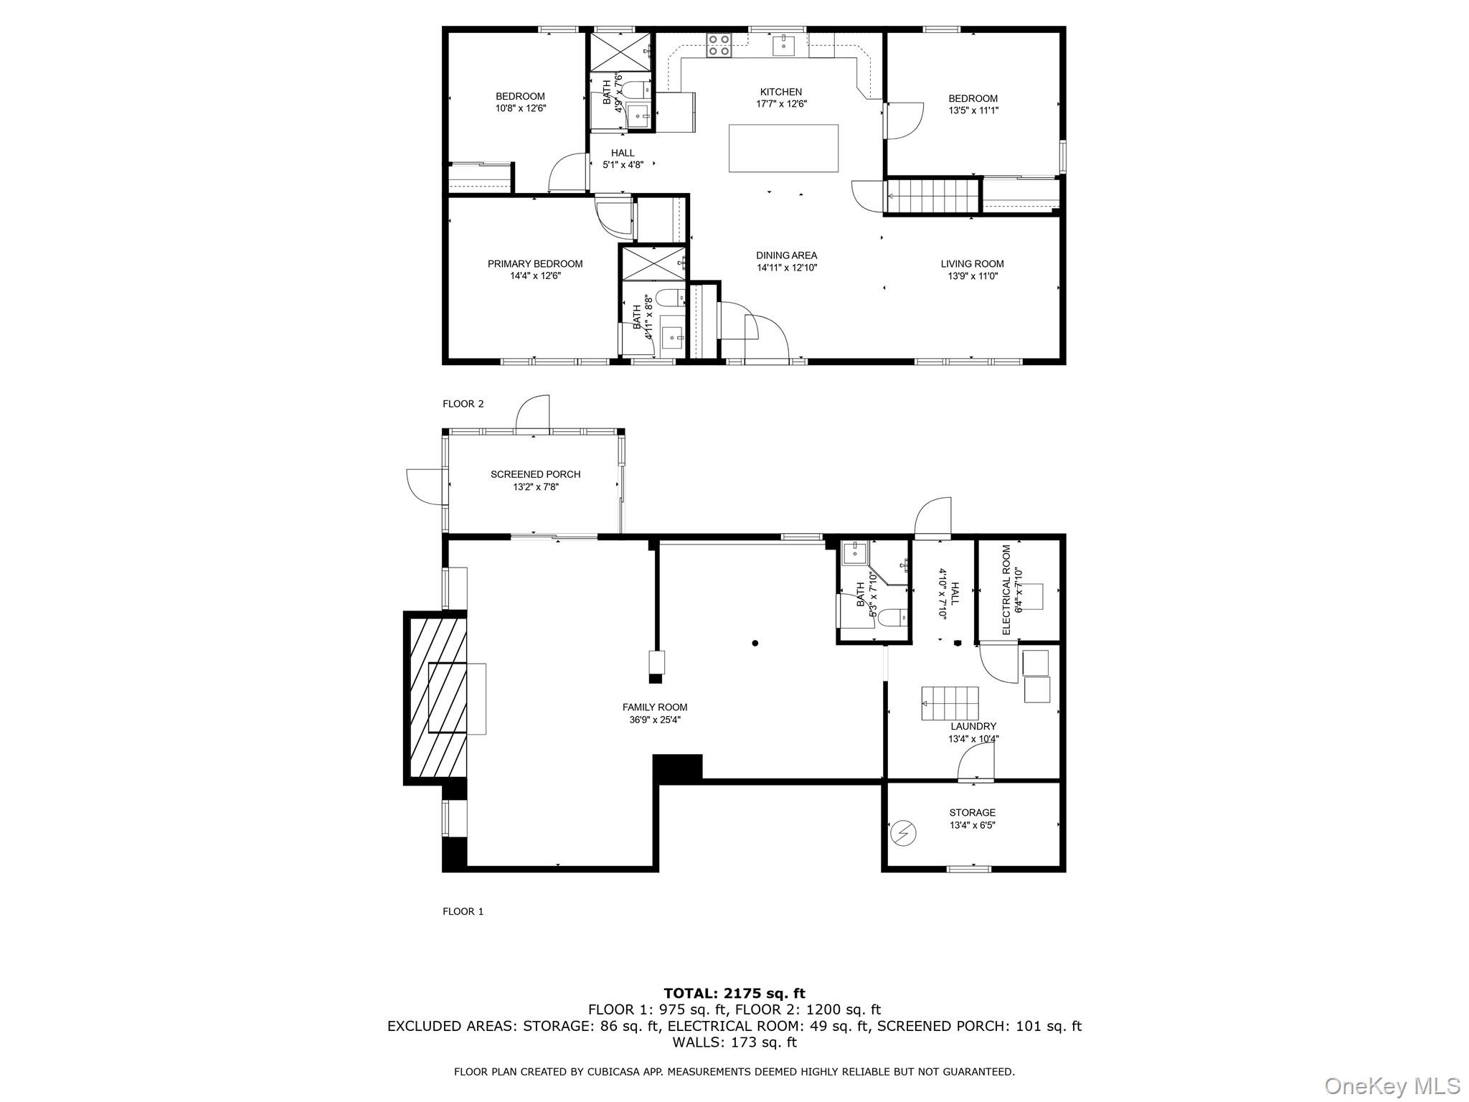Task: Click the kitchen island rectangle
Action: pos(783,149)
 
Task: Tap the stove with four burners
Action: pos(719,46)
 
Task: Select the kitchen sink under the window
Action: pos(783,45)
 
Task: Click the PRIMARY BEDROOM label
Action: pos(535,264)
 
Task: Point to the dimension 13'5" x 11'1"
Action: pos(973,110)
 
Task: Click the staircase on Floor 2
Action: pos(933,196)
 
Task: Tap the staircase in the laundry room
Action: pos(950,703)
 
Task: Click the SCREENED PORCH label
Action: pos(535,474)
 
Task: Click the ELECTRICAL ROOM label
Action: pos(1006,590)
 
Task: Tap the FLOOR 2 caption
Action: pos(463,404)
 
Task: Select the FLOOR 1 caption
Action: pos(463,911)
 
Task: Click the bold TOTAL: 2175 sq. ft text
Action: pos(734,994)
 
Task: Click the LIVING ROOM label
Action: pos(972,264)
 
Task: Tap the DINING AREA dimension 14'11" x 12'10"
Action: pos(786,268)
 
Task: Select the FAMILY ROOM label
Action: pos(654,707)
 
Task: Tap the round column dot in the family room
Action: pos(755,644)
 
